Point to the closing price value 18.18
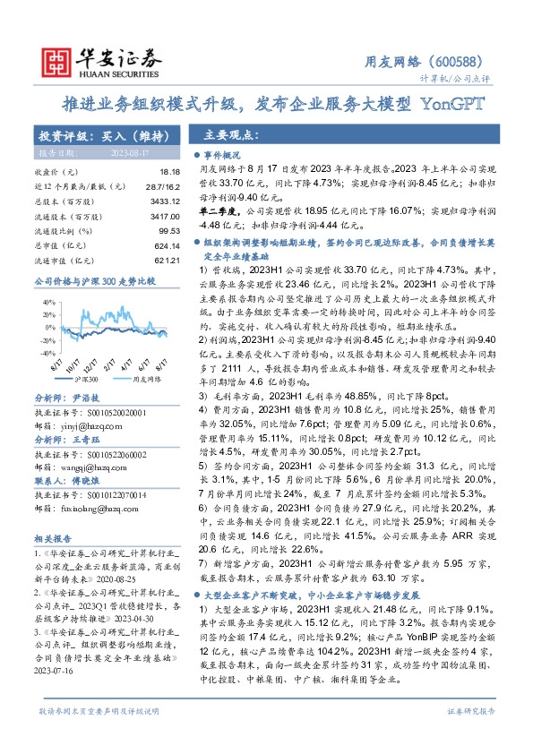pyautogui.click(x=168, y=170)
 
